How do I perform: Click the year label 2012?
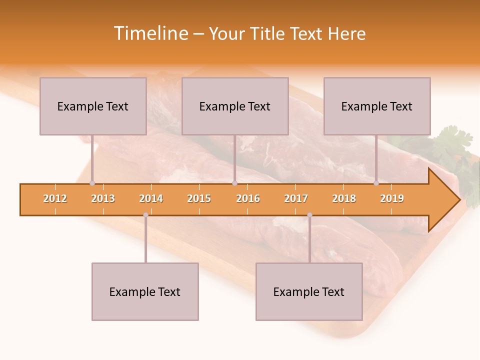55,199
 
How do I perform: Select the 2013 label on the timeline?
103,199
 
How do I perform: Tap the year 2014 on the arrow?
151,199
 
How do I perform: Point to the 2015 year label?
199,199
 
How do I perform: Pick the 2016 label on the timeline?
248,199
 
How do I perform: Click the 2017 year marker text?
296,199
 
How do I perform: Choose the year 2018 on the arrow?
344,199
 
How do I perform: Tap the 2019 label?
392,199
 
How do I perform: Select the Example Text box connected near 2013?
93,106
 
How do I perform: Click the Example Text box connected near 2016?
235,106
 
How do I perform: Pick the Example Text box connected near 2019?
377,106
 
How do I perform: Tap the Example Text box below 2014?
145,292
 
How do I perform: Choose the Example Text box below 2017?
309,292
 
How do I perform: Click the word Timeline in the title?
150,33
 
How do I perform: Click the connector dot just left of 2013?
92,183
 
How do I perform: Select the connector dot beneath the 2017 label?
309,215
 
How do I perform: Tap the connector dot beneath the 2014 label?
145,215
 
